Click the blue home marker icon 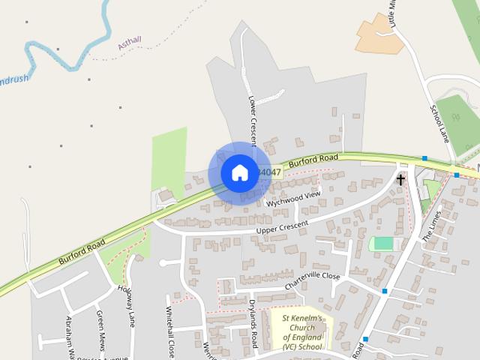239,172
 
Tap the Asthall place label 130,44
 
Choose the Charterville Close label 311,281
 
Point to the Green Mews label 100,326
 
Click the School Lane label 438,123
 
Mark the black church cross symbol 400,179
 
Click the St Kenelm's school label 301,332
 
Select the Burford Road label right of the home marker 313,160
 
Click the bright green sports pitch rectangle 382,244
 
